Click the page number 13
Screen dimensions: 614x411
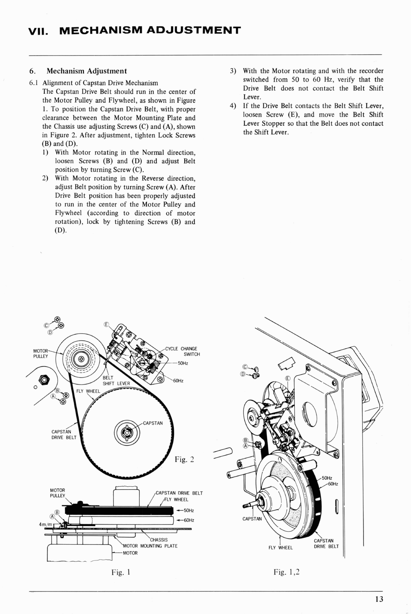[379, 599]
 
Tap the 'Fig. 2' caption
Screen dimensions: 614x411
[184, 460]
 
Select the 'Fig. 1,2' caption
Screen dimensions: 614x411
[287, 572]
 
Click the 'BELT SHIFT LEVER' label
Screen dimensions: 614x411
[116, 380]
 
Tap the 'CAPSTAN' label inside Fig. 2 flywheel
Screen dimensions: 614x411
[153, 423]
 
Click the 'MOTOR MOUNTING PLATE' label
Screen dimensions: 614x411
[150, 546]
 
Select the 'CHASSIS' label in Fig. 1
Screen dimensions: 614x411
[159, 540]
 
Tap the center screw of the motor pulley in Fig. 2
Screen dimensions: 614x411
[81, 359]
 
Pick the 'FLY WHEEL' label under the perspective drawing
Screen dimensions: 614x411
[280, 548]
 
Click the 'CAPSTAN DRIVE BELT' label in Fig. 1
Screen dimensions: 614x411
[179, 493]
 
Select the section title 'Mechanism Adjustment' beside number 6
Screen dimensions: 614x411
[87, 71]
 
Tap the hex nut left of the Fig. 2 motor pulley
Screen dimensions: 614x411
[45, 380]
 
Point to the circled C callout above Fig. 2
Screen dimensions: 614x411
[46, 325]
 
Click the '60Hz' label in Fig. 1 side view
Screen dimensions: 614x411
[189, 520]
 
